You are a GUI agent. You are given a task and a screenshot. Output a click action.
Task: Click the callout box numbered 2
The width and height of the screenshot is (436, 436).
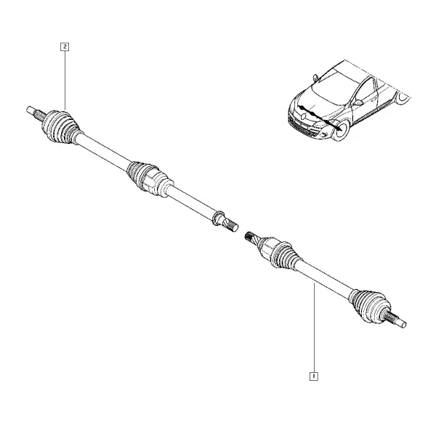[65, 47]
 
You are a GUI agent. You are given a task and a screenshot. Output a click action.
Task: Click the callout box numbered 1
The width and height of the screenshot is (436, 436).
[314, 376]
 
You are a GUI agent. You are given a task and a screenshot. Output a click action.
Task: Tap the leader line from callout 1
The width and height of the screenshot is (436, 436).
[314, 328]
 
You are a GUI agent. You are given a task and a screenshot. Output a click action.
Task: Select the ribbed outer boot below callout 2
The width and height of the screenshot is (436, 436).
[60, 127]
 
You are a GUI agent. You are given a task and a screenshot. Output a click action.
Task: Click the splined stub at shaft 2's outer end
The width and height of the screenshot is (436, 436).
[36, 113]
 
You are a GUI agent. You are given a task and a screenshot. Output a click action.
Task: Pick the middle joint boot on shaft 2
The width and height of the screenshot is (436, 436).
[149, 179]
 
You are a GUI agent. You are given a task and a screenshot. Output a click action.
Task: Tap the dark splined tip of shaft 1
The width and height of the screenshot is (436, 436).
[250, 237]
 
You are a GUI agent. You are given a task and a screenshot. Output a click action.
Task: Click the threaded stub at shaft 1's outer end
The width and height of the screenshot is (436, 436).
[396, 320]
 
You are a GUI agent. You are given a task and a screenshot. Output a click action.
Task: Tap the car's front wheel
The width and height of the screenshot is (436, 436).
[342, 130]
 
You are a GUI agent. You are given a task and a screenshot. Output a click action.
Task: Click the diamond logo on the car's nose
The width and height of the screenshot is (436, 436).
[303, 115]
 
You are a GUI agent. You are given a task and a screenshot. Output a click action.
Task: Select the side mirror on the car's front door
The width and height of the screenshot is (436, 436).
[358, 102]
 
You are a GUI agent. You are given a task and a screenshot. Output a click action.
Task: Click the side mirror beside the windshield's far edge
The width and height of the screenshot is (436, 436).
[315, 77]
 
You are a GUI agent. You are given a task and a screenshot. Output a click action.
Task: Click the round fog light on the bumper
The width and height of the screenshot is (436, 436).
[323, 135]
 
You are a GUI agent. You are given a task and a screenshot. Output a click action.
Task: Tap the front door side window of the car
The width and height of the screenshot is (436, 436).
[366, 90]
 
